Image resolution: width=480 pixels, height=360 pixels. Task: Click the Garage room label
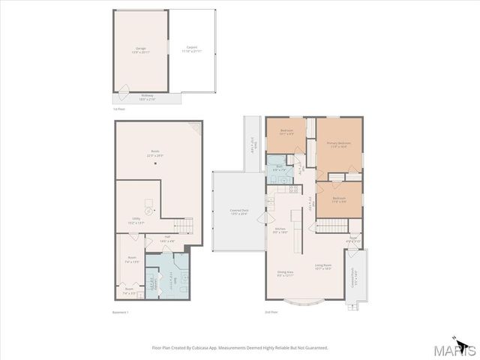[140, 49]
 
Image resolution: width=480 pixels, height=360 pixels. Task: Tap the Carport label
[192, 49]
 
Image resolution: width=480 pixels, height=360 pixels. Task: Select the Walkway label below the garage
[147, 97]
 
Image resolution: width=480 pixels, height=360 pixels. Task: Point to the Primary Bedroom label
[338, 145]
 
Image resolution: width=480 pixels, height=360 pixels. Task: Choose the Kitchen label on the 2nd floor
[280, 230]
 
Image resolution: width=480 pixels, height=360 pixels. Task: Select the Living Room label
[323, 267]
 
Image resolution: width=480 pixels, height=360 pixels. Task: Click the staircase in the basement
[184, 226]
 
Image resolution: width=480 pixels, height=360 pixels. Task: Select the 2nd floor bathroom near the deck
[279, 169]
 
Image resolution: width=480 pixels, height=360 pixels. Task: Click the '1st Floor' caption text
[119, 110]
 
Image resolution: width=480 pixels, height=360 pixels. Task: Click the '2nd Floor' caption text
[271, 311]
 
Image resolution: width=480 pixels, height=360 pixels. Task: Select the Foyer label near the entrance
[352, 241]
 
